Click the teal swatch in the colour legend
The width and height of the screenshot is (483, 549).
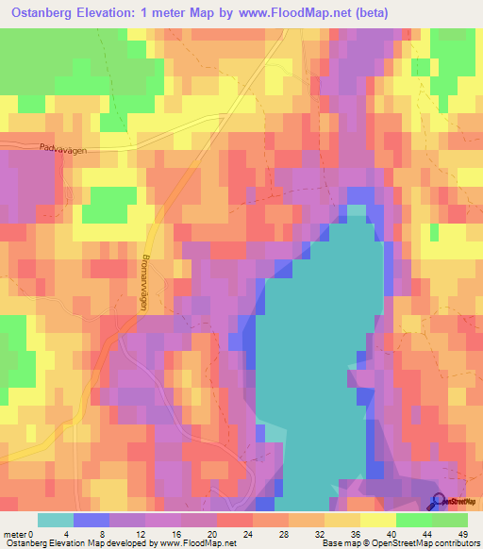tap(56, 520)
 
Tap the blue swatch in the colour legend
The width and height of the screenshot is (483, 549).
tap(92, 520)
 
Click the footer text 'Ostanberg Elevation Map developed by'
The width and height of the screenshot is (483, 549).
tap(77, 541)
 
